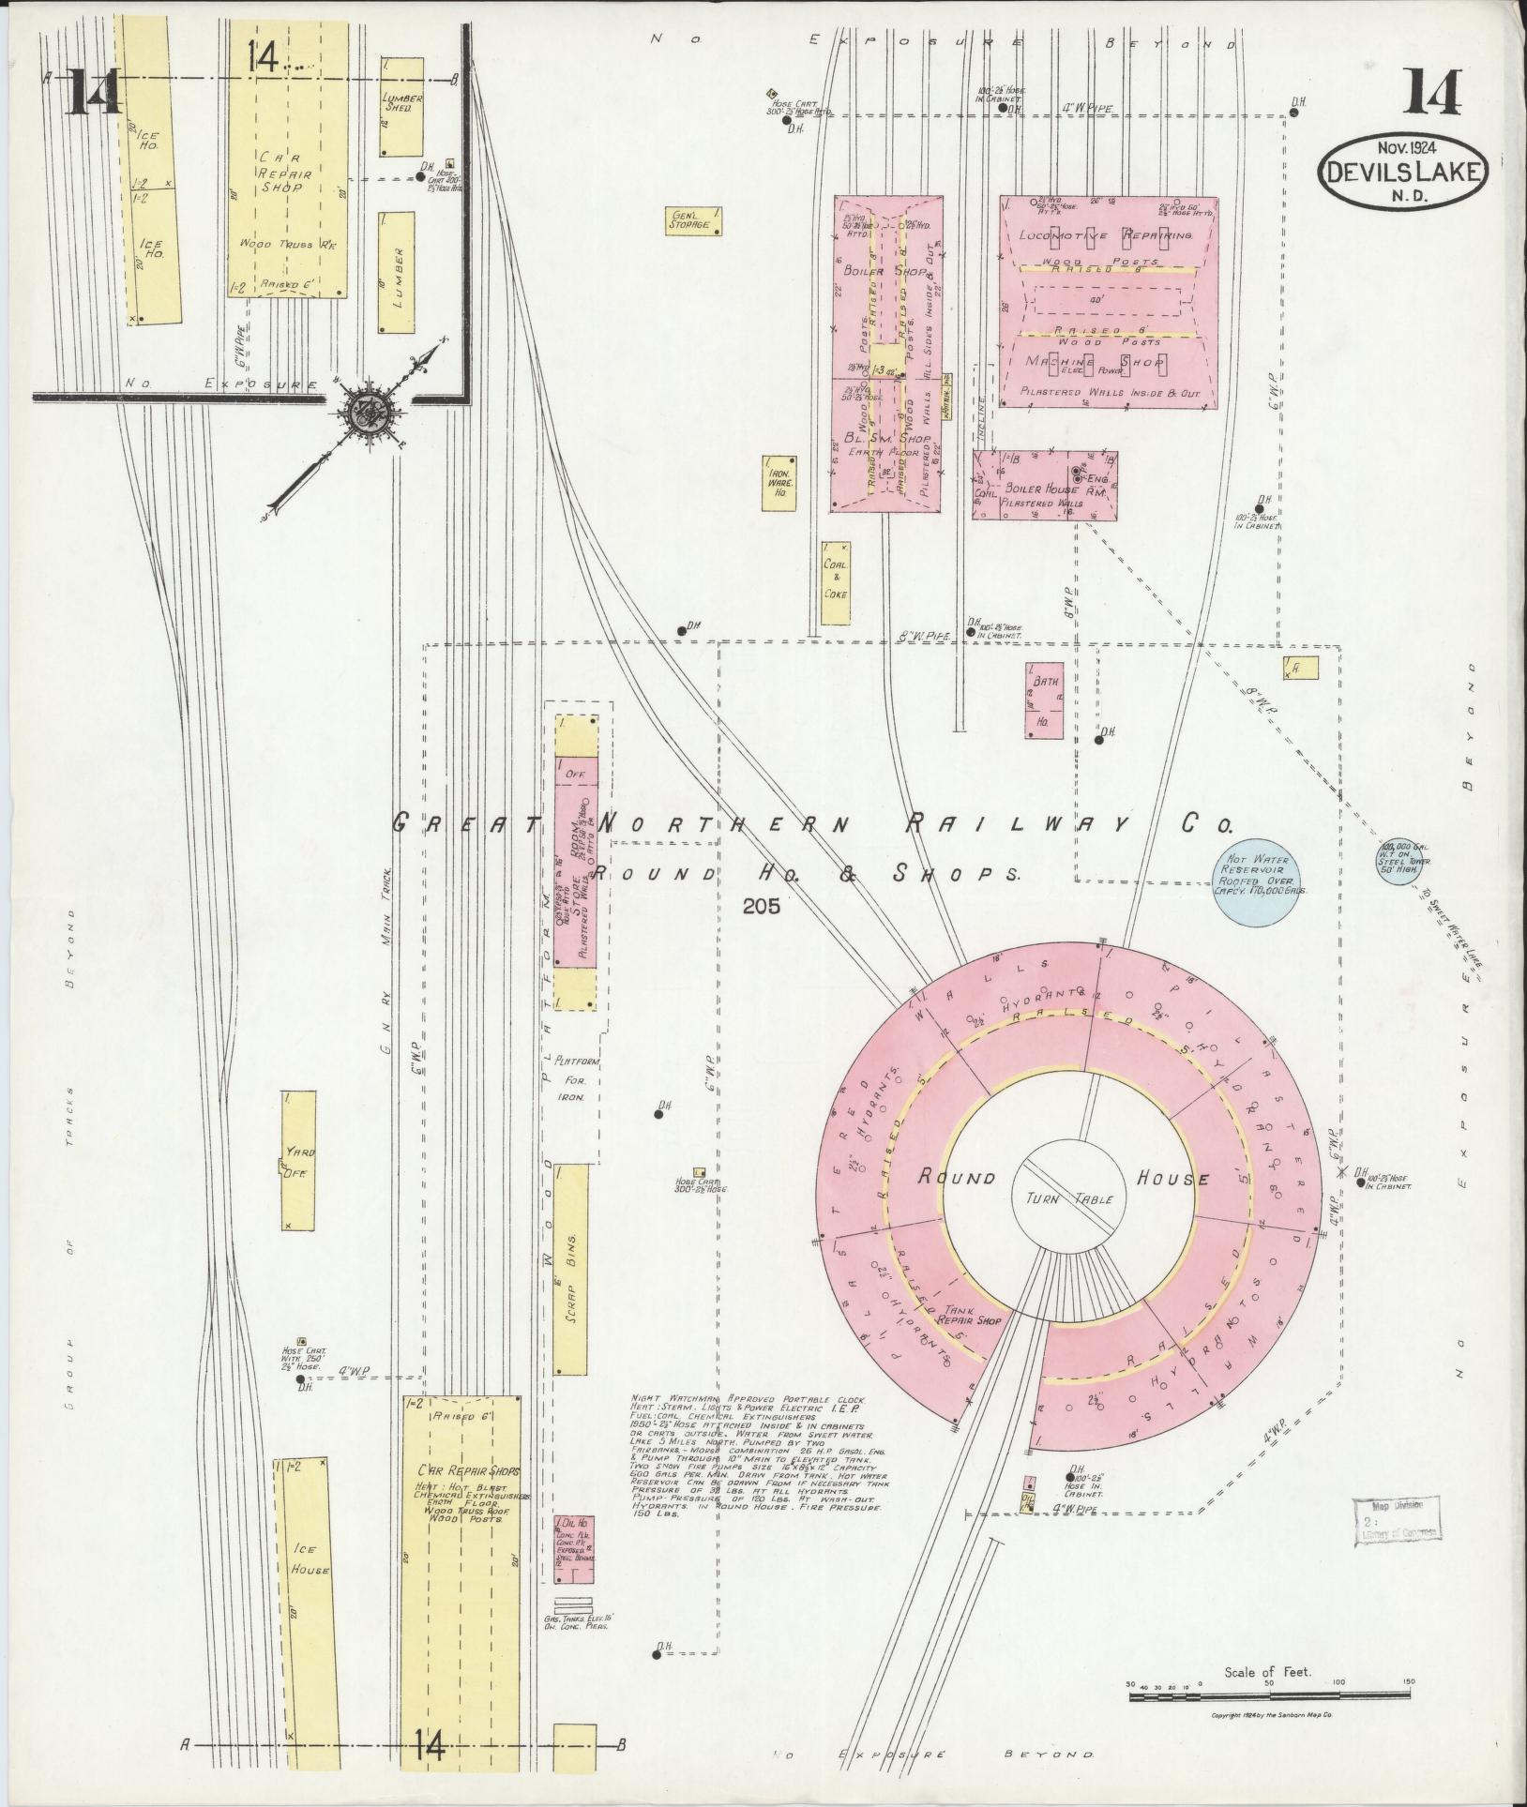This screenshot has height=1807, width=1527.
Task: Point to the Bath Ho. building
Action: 1044,701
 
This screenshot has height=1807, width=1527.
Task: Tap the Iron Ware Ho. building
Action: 780,483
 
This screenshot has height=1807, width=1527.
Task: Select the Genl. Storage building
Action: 693,219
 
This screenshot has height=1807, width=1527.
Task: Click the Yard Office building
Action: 299,1160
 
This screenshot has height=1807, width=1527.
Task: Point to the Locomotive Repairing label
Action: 1107,235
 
